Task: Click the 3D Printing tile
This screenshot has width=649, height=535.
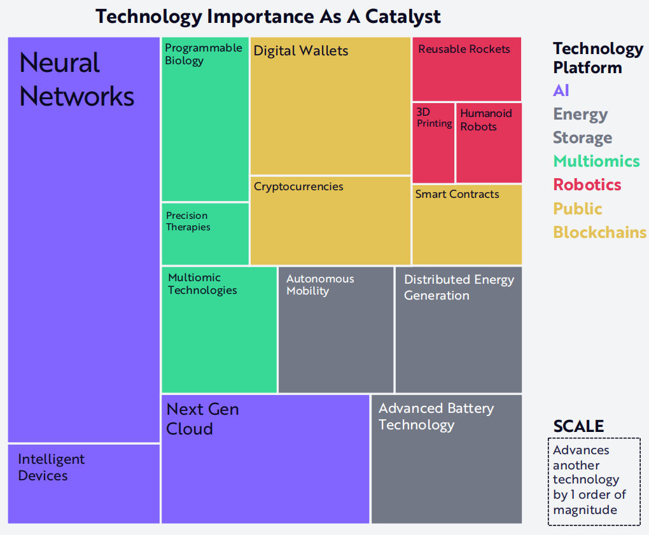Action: click(x=433, y=142)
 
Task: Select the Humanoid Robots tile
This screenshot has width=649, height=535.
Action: click(x=489, y=142)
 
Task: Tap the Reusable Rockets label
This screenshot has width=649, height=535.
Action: click(x=464, y=49)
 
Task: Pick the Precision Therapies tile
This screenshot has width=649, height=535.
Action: click(x=206, y=233)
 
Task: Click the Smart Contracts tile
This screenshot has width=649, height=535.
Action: click(x=467, y=225)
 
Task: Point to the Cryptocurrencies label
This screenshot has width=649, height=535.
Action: click(x=298, y=187)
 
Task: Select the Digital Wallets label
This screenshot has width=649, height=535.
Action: click(x=301, y=51)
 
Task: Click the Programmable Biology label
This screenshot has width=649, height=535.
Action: click(x=203, y=54)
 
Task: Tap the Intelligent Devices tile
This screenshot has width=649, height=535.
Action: click(x=83, y=484)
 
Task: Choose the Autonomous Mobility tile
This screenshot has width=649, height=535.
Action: click(x=336, y=330)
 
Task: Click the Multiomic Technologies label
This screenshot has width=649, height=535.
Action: click(x=202, y=284)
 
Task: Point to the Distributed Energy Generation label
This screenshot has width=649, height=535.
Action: click(x=459, y=288)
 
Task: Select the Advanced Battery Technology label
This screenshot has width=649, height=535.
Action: click(x=436, y=417)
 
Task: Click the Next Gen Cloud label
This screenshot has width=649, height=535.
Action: click(x=202, y=419)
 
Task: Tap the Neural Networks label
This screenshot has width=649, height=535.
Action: click(x=77, y=80)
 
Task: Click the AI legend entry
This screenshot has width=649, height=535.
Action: click(x=561, y=90)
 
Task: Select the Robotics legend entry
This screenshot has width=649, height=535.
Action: click(x=587, y=185)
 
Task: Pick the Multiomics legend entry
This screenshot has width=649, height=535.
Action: click(x=596, y=162)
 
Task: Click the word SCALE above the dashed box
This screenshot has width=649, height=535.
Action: click(x=578, y=426)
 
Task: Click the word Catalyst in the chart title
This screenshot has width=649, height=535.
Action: click(x=403, y=17)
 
